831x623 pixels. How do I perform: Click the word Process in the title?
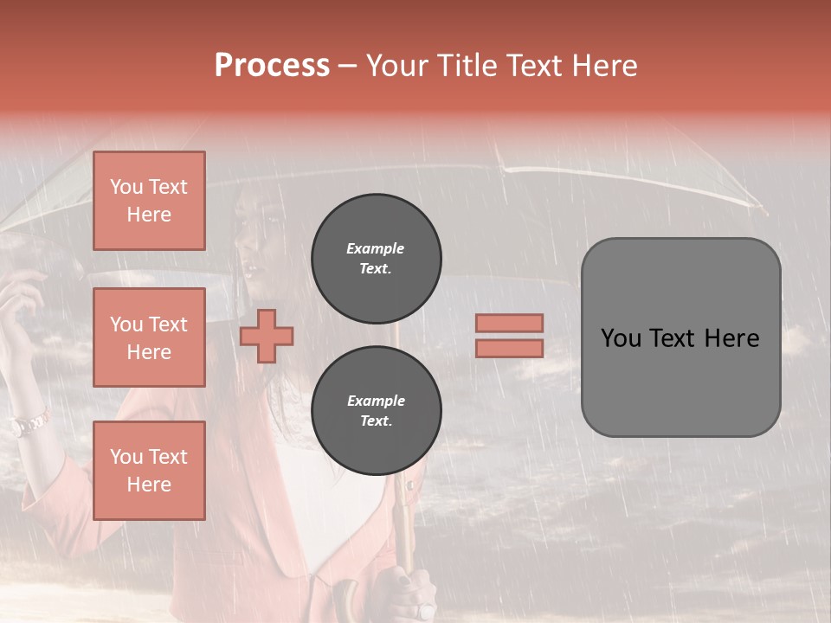(x=272, y=66)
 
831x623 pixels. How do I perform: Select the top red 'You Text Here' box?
(x=149, y=201)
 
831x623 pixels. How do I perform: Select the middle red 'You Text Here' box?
(x=149, y=337)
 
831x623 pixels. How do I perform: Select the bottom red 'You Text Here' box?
(x=149, y=470)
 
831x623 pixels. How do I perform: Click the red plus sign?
(x=267, y=336)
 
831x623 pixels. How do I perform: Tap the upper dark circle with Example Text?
(x=376, y=258)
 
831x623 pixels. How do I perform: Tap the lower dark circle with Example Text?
(x=376, y=410)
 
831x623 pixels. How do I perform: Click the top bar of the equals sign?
(x=509, y=323)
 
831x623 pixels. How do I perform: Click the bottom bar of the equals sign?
(x=509, y=348)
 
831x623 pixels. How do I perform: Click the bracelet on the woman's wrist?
(x=29, y=424)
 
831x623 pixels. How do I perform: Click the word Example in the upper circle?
(x=376, y=248)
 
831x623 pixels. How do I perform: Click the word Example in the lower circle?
(x=376, y=401)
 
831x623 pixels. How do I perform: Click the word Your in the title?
(x=397, y=66)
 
